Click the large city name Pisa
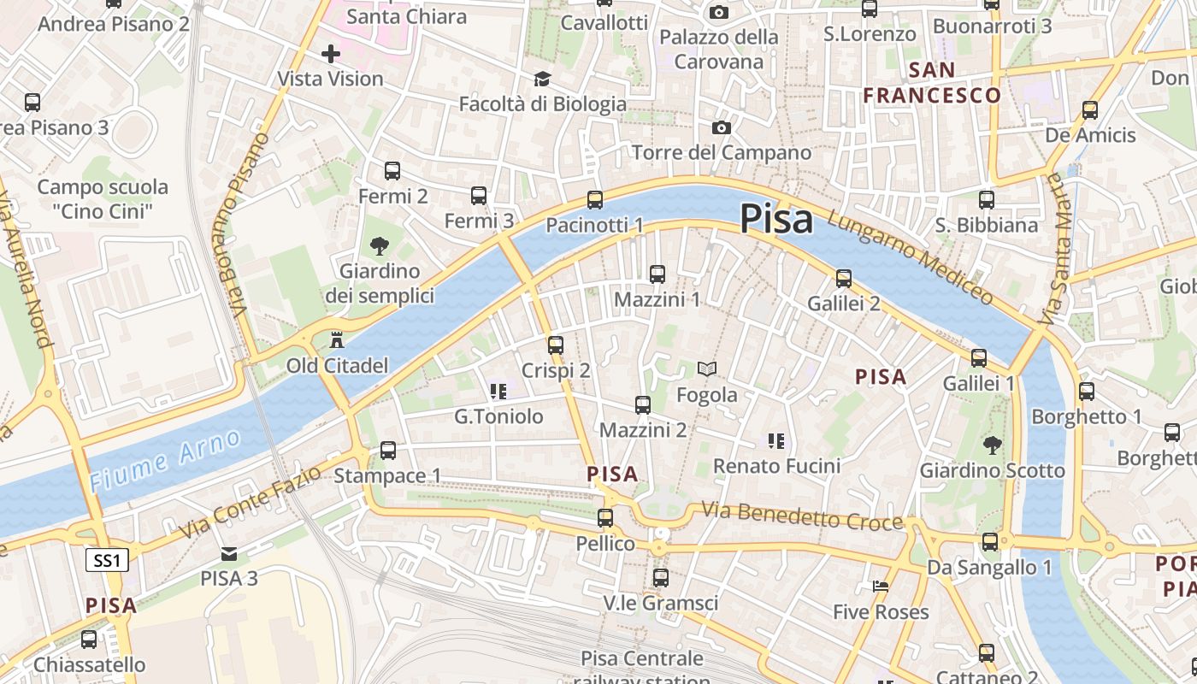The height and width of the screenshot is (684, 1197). (x=776, y=218)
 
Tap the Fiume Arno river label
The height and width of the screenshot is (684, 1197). (x=165, y=461)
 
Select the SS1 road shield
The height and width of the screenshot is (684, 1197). (x=109, y=561)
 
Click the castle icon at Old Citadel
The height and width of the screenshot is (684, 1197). (x=337, y=339)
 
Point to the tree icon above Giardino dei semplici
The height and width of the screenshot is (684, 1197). (x=379, y=246)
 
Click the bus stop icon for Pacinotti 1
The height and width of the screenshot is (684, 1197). (x=595, y=200)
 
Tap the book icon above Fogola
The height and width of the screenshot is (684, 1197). (x=706, y=369)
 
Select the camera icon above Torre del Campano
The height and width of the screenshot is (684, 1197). (x=722, y=127)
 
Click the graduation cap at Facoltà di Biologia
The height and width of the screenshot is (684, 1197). (x=542, y=80)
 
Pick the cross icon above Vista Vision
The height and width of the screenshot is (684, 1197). (x=330, y=54)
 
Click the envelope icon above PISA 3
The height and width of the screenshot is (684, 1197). (x=228, y=554)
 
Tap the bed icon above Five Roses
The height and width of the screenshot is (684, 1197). (x=881, y=587)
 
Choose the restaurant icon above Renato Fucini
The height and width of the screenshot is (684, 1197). (x=776, y=441)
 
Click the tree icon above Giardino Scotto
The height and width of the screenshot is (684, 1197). (x=992, y=445)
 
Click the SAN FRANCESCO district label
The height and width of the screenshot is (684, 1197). (x=932, y=82)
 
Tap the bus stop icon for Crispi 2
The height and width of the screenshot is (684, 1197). (x=556, y=345)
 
